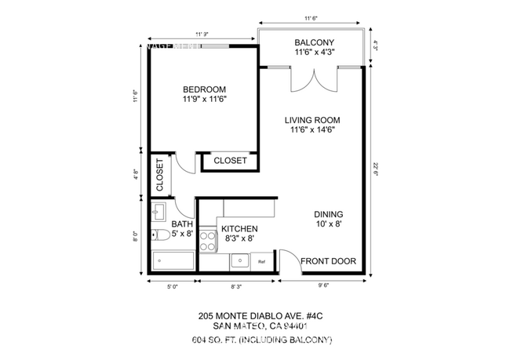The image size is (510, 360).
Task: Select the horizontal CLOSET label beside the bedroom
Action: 230,161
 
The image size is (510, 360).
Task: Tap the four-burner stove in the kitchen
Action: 207,241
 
